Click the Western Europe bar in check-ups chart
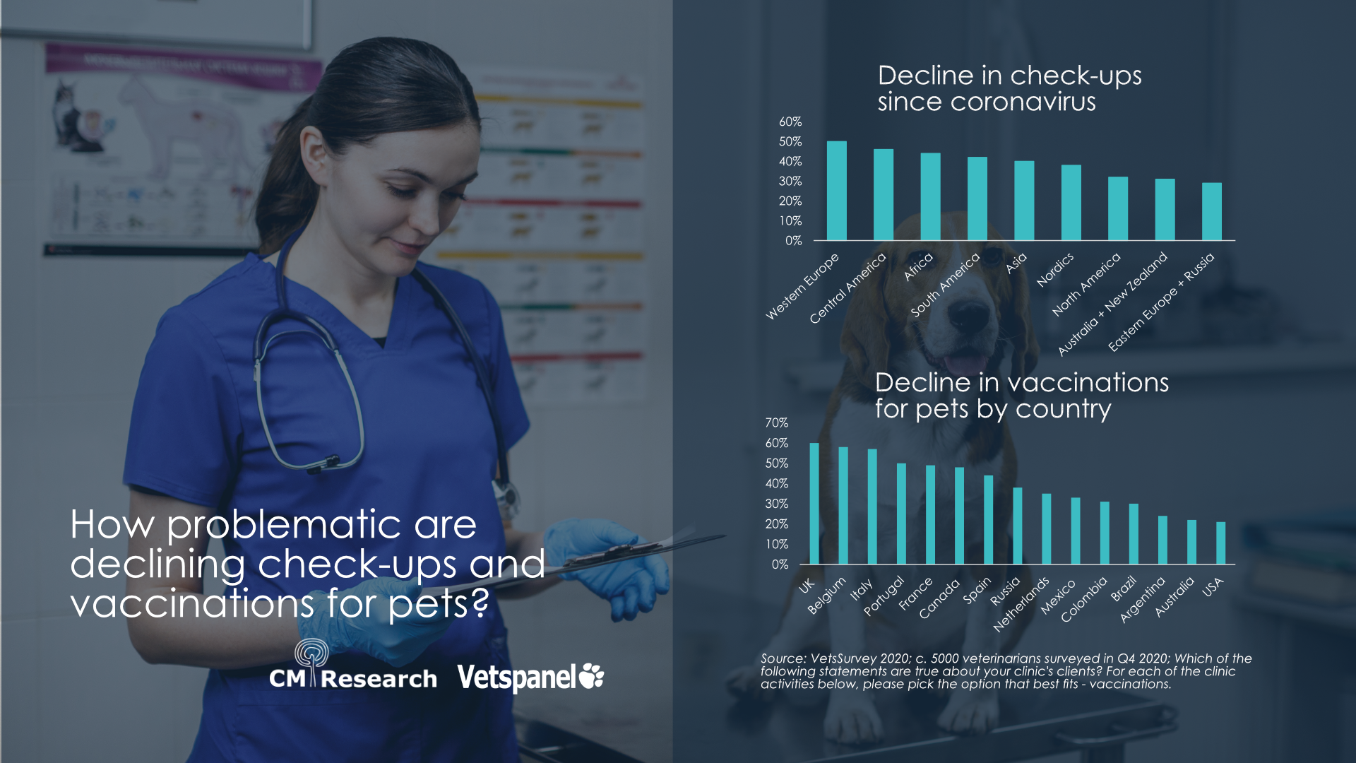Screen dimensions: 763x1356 tap(836, 191)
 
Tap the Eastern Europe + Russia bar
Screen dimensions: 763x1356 tap(1211, 212)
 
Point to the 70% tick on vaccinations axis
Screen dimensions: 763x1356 tap(776, 422)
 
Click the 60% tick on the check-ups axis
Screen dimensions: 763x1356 tap(790, 122)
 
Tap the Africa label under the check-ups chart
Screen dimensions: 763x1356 tap(918, 267)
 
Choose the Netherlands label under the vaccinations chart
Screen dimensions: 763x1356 tap(1021, 605)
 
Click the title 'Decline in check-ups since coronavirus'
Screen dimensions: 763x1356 tap(1009, 88)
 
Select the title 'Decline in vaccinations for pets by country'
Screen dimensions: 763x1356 tap(1021, 395)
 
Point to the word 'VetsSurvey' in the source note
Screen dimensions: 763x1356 tap(843, 658)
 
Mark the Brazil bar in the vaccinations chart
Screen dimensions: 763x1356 tap(1133, 533)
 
